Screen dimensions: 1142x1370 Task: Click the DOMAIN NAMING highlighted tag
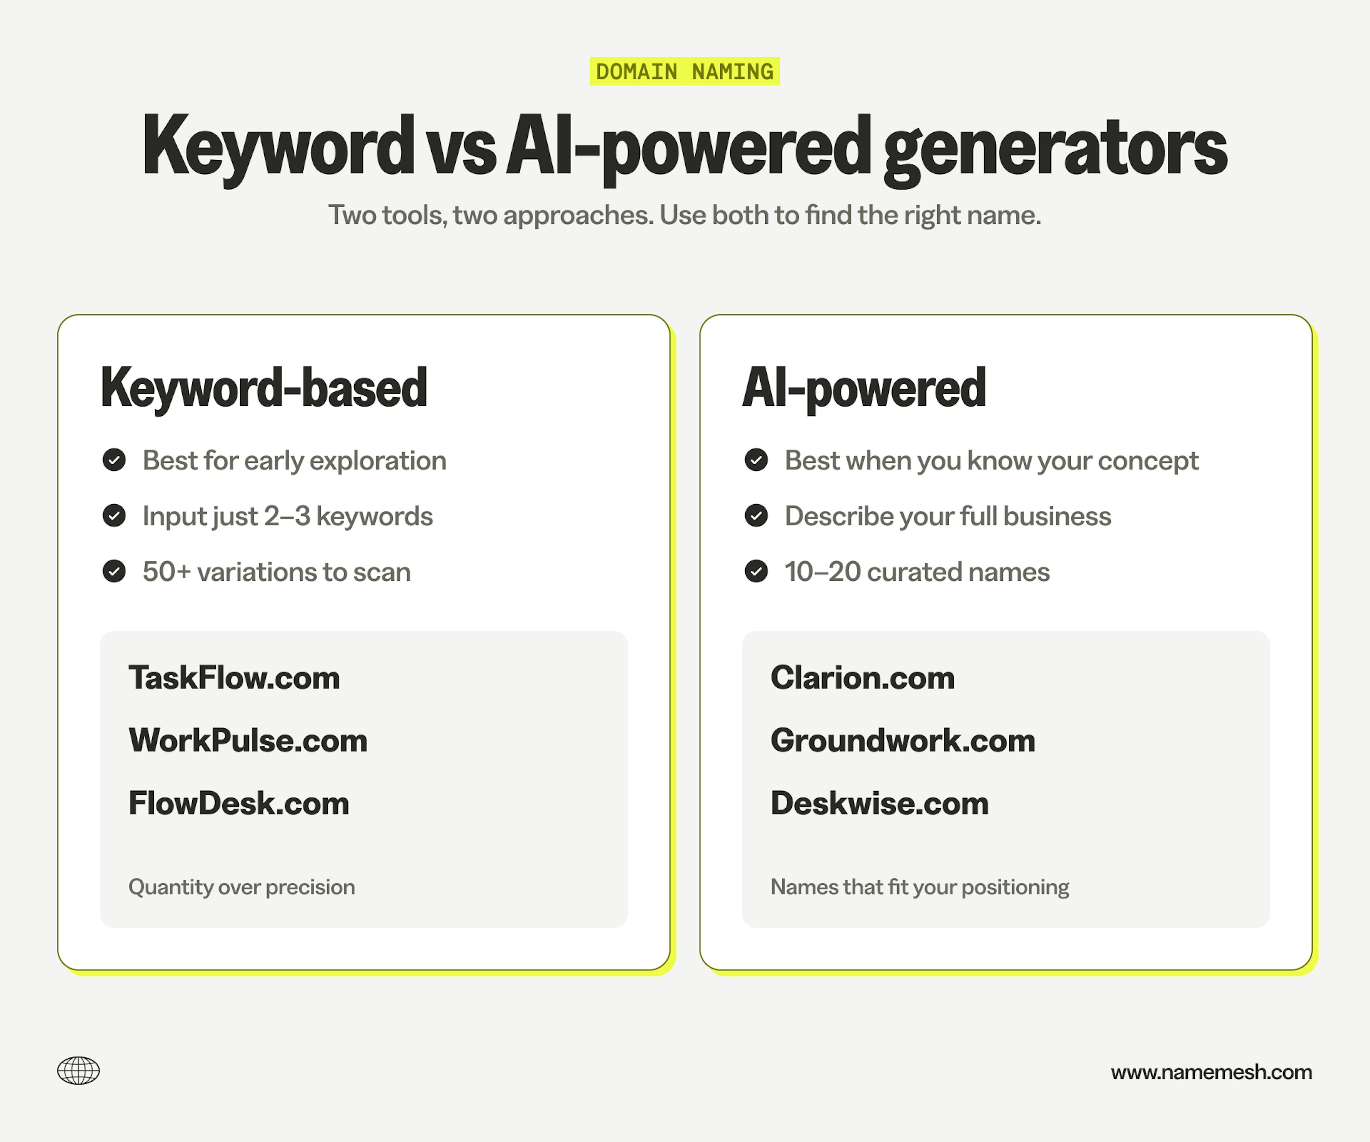click(684, 71)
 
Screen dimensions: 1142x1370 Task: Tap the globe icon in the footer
click(78, 1071)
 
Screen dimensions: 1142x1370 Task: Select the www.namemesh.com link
click(1211, 1072)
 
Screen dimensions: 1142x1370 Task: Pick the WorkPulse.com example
click(248, 740)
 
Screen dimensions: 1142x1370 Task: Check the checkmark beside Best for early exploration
click(114, 460)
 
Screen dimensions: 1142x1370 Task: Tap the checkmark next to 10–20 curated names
click(756, 572)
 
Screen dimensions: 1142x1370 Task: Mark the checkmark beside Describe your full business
click(756, 516)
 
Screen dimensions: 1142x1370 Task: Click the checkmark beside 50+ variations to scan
click(114, 572)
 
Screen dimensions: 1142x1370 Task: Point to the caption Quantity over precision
click(242, 887)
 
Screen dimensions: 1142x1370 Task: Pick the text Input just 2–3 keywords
click(288, 516)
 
